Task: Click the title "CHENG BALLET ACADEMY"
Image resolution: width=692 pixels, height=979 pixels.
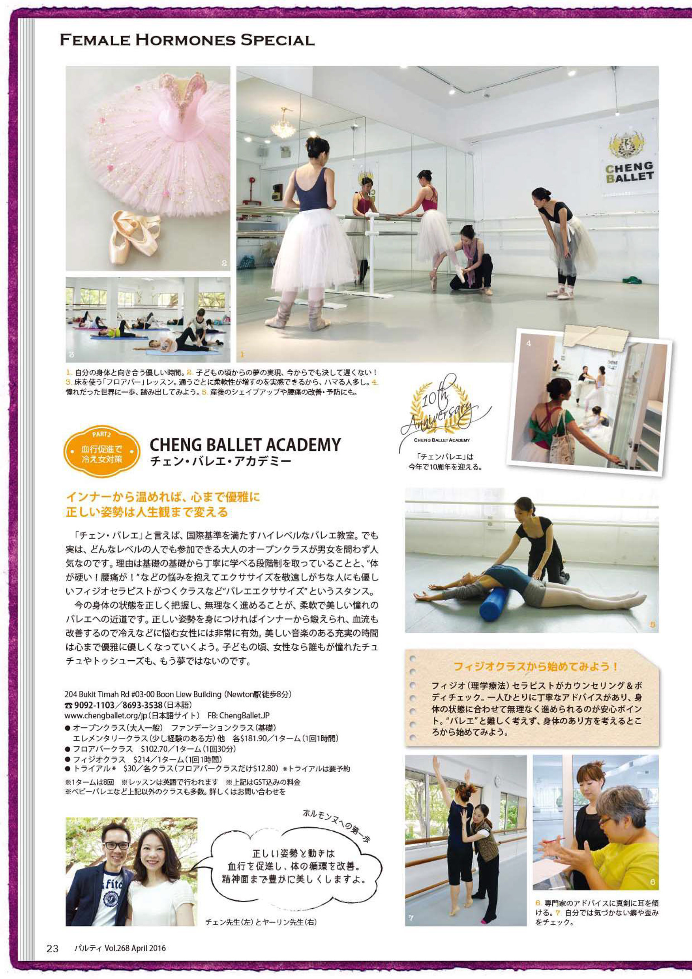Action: click(245, 445)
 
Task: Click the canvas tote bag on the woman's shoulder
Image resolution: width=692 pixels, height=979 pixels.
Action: click(563, 439)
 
